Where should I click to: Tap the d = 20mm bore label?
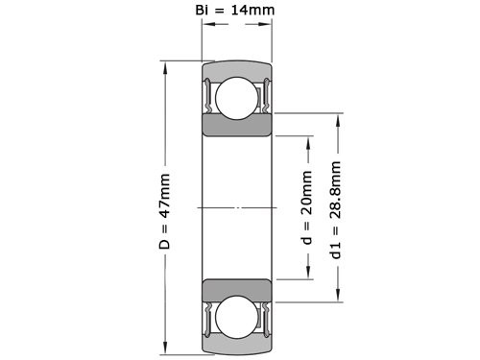click(308, 207)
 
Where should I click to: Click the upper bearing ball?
click(236, 98)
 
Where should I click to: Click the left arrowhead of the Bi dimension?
click(205, 29)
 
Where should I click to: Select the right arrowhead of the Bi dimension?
click(267, 29)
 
